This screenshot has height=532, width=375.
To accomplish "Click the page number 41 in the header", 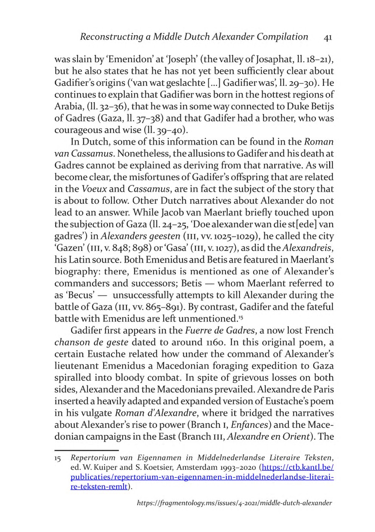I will [x=327, y=37].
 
